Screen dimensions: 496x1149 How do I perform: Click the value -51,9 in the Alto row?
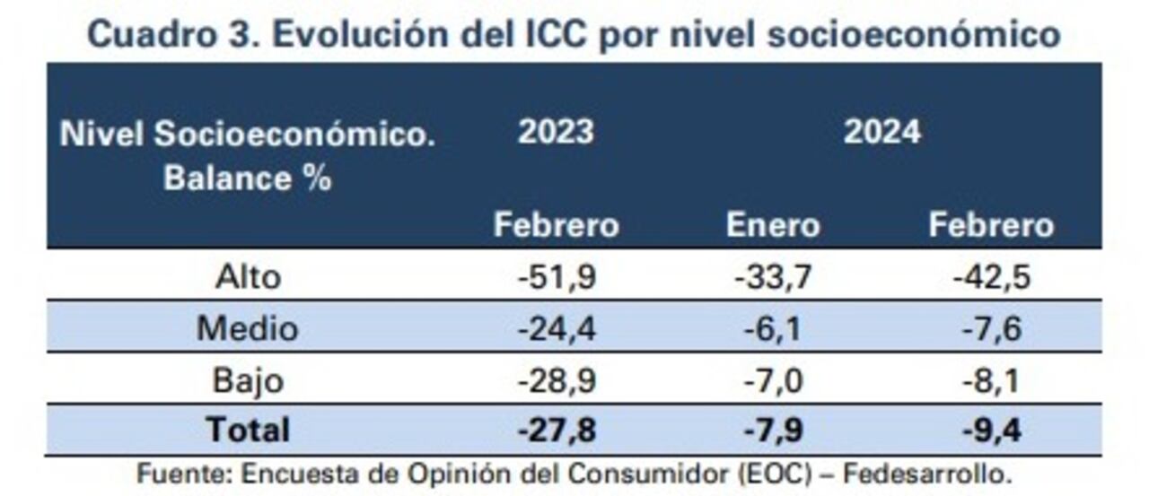(557, 276)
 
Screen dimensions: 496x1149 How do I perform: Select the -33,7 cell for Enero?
(773, 276)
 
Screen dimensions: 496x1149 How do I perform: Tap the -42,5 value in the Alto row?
(991, 276)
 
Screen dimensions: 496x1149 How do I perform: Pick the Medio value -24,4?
(557, 328)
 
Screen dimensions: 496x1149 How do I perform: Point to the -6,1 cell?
(773, 328)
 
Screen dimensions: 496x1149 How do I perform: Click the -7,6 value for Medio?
(991, 328)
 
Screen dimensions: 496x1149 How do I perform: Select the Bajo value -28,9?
(557, 380)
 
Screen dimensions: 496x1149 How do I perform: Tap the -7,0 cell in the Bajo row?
(773, 380)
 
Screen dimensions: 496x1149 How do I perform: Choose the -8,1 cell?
(991, 380)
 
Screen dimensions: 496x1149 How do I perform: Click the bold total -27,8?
(557, 430)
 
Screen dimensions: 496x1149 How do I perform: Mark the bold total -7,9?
(773, 430)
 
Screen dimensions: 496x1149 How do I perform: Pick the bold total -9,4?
(991, 430)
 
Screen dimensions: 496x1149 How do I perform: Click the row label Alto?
(248, 276)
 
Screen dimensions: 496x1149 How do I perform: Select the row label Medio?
(248, 328)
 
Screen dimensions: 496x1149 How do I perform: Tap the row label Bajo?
(248, 380)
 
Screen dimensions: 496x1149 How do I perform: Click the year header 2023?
(556, 132)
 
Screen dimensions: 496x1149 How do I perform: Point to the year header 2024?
(881, 132)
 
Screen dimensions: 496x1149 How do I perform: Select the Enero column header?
(773, 225)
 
